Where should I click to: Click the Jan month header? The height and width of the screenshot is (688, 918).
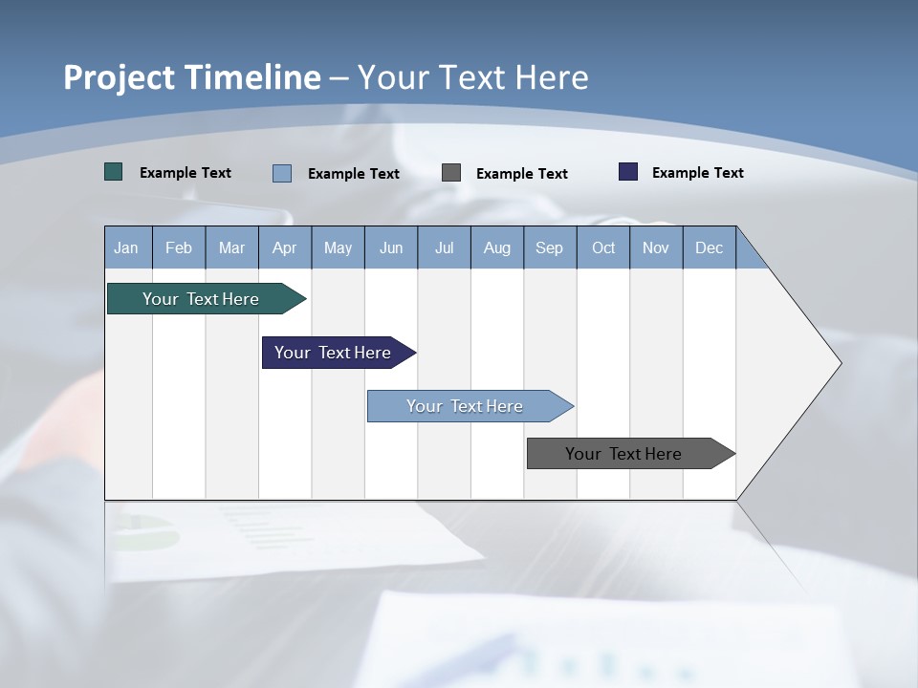point(126,247)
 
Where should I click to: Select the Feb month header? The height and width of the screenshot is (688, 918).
point(179,247)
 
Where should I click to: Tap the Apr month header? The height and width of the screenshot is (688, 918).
point(284,247)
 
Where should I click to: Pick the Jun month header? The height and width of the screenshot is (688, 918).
point(391,247)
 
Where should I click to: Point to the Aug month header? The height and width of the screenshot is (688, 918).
point(496,247)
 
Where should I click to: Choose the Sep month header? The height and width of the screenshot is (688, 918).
point(549,247)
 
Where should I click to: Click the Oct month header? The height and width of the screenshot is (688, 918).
point(603,247)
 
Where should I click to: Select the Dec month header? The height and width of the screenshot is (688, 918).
point(709,247)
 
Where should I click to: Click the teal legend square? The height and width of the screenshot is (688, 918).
point(114,172)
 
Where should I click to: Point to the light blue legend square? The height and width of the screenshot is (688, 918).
point(282,173)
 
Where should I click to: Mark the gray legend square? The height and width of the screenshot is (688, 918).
point(451,173)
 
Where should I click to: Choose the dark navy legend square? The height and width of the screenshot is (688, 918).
point(628,172)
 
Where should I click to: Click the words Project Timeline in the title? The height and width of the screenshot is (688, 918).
point(191,77)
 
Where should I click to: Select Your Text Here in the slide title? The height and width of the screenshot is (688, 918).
point(473,77)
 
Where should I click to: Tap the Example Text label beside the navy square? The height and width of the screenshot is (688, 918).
point(697,173)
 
